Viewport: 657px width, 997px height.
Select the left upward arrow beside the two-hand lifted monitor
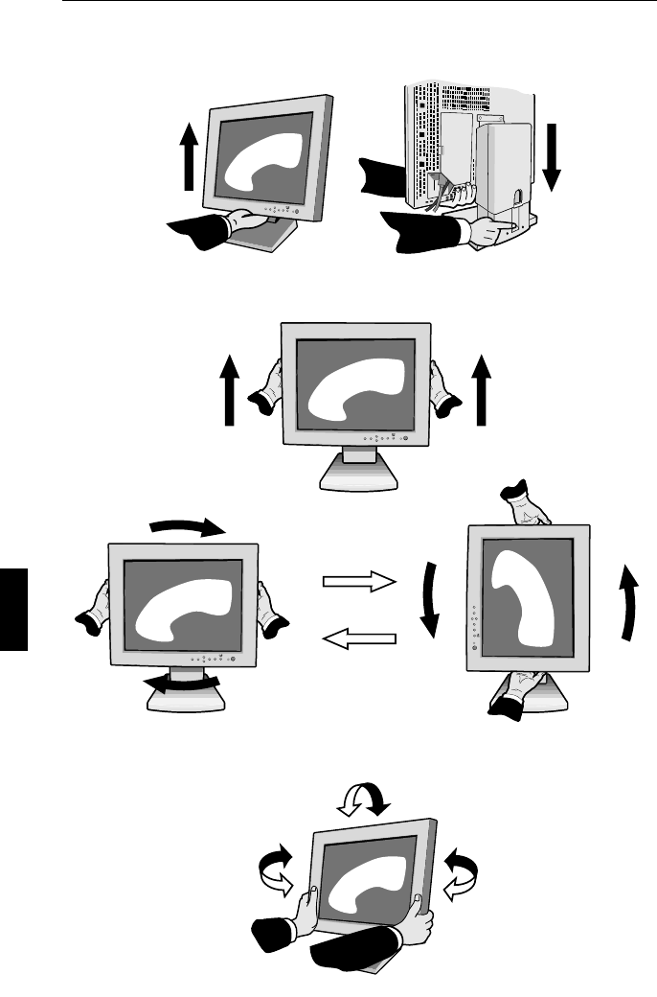pyautogui.click(x=229, y=388)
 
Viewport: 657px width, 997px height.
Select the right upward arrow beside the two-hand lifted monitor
pyautogui.click(x=481, y=388)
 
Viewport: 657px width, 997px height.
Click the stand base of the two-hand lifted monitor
pyautogui.click(x=353, y=475)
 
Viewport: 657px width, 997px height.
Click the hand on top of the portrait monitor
pyautogui.click(x=525, y=503)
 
